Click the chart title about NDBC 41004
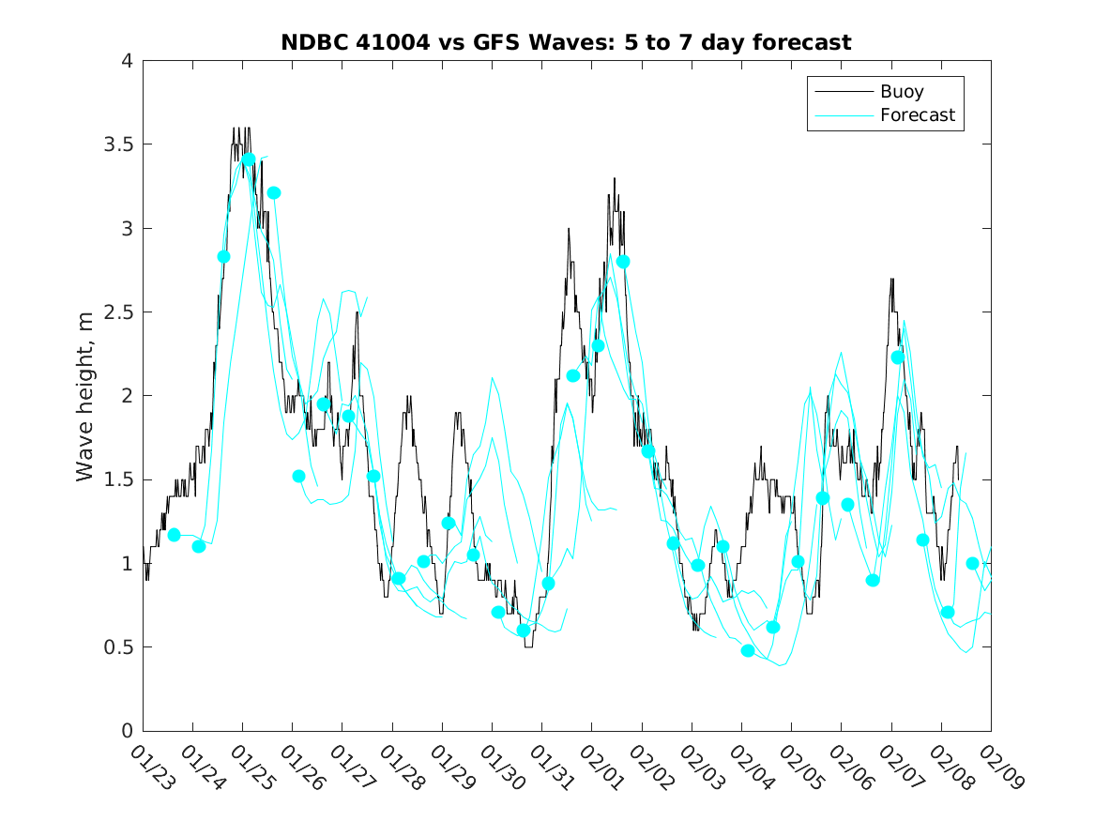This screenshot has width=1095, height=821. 566,42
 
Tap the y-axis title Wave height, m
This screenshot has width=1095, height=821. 85,396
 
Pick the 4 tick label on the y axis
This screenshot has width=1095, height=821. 126,61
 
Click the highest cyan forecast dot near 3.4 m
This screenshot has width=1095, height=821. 249,160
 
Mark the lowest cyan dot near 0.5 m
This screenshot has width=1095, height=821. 748,650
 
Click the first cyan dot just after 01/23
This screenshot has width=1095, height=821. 174,535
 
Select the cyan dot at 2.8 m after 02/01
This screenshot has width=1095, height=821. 623,262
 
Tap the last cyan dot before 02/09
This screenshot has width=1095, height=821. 973,563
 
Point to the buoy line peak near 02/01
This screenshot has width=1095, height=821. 615,178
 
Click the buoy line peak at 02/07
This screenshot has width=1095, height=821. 891,279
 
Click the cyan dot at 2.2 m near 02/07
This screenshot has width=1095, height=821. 898,357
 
